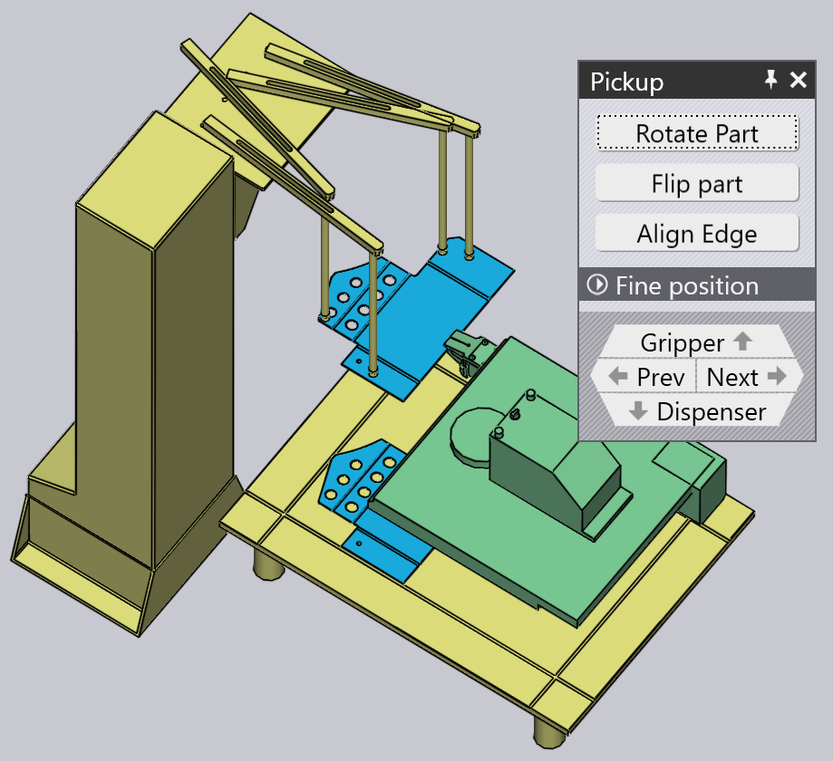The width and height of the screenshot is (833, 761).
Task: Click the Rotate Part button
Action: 697,133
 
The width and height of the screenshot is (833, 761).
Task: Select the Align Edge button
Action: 697,234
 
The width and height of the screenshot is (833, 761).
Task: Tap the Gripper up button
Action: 697,342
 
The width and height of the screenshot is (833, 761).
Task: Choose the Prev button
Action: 644,377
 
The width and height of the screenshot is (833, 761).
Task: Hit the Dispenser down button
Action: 697,411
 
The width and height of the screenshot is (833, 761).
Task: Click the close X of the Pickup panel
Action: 799,81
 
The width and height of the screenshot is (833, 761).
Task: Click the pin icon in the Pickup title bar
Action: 770,80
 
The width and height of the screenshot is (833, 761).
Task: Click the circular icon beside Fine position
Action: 597,284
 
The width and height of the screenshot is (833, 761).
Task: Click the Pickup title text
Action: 627,82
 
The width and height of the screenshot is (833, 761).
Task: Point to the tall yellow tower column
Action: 155,340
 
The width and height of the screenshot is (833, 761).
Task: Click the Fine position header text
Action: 687,285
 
